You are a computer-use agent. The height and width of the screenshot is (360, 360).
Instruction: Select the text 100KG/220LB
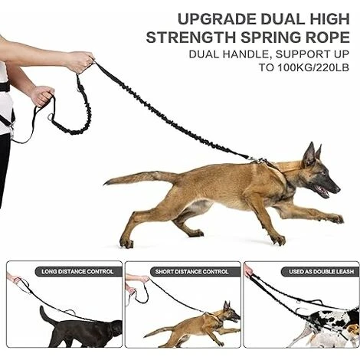(x=313, y=67)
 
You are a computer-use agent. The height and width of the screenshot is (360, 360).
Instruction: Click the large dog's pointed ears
(x=312, y=153)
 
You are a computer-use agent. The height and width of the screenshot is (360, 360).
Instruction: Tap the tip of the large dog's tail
(x=106, y=183)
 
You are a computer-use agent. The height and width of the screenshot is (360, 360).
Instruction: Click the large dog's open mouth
(x=322, y=191)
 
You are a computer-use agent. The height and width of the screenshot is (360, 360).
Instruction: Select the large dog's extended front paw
(x=338, y=219)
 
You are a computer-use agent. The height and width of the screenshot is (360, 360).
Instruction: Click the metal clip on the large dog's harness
(x=256, y=159)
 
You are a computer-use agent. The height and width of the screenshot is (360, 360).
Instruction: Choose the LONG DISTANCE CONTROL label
(x=77, y=271)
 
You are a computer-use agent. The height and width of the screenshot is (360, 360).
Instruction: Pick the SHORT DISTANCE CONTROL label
(x=191, y=272)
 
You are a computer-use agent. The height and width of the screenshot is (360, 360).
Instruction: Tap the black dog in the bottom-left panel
(x=84, y=329)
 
